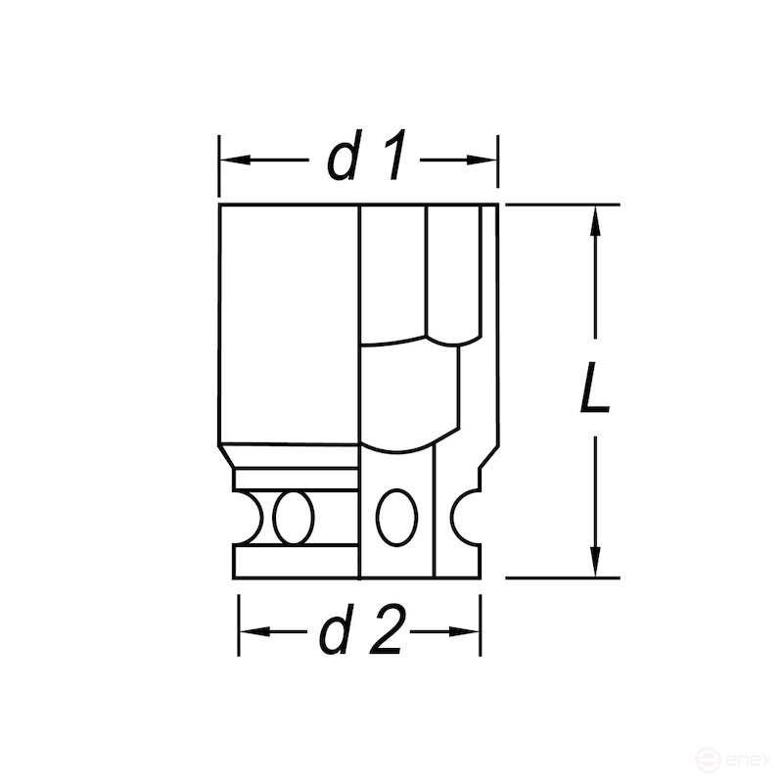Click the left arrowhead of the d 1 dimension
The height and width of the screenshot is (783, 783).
click(x=231, y=159)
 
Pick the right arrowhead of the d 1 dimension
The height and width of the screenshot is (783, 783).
click(x=485, y=159)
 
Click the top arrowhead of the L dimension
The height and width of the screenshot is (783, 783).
click(x=594, y=220)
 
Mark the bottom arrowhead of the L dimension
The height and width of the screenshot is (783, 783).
click(x=594, y=563)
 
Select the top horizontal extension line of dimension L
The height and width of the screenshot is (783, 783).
click(x=563, y=205)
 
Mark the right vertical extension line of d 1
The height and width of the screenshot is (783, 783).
click(x=499, y=161)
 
